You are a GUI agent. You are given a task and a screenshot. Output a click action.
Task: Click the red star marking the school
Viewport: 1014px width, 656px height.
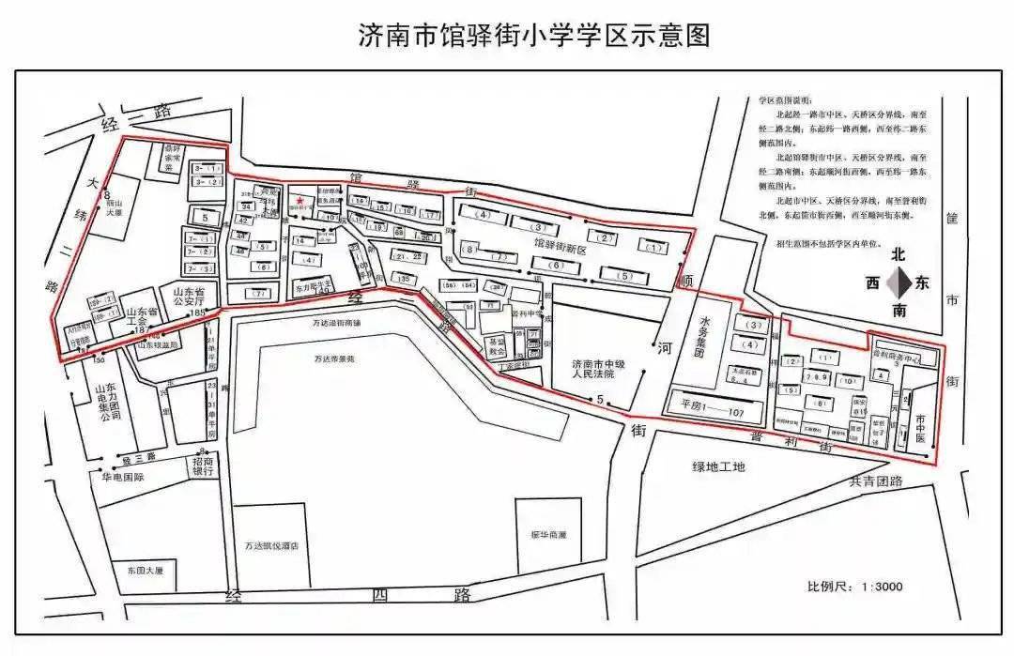300,200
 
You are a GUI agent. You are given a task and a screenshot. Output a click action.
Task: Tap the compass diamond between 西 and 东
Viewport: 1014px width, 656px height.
899,282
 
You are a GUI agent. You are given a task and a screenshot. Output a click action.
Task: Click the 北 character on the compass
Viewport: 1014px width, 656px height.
899,254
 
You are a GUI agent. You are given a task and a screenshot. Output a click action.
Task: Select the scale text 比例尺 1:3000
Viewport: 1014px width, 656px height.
854,587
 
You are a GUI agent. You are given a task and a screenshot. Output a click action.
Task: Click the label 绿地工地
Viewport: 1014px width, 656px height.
719,466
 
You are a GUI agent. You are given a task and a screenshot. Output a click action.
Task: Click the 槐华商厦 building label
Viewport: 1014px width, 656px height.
548,535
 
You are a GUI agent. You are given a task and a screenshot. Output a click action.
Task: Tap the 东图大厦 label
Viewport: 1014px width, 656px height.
146,570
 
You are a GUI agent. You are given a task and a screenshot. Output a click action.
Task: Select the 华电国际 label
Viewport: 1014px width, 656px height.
123,477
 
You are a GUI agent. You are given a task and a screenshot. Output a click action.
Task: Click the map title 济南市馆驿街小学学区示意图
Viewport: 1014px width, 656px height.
534,36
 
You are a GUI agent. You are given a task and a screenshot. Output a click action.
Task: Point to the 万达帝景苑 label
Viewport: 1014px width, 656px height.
335,359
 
